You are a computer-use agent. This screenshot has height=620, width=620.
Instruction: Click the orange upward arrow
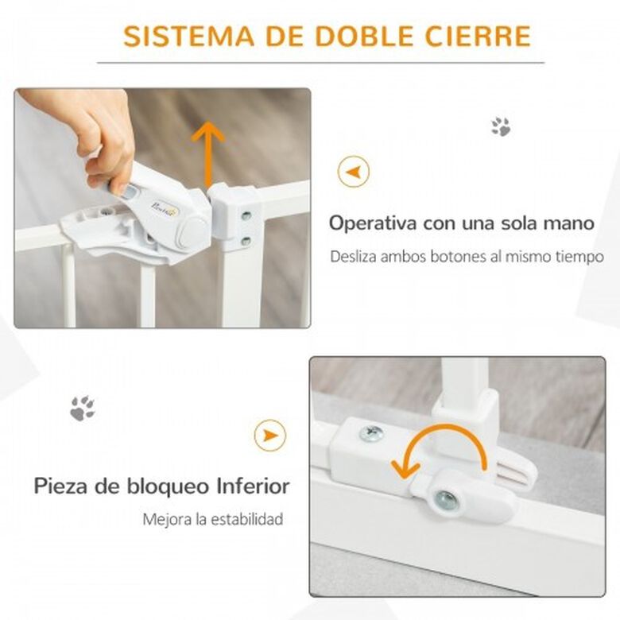point(208,153)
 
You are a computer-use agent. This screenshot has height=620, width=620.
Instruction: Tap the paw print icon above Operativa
point(501,126)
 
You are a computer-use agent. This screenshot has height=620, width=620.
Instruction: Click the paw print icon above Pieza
point(83,408)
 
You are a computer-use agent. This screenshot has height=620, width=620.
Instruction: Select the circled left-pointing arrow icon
point(354,172)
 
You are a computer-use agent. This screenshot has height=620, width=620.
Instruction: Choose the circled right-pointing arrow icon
point(270,436)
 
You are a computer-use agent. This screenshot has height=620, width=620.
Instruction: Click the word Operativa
point(373,223)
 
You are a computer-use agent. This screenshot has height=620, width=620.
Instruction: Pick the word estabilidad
point(246,518)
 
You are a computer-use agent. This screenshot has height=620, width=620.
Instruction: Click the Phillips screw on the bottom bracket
point(372,433)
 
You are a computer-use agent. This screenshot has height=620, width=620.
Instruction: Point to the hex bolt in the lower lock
point(446,499)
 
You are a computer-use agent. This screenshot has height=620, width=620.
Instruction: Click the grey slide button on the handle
point(129,193)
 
